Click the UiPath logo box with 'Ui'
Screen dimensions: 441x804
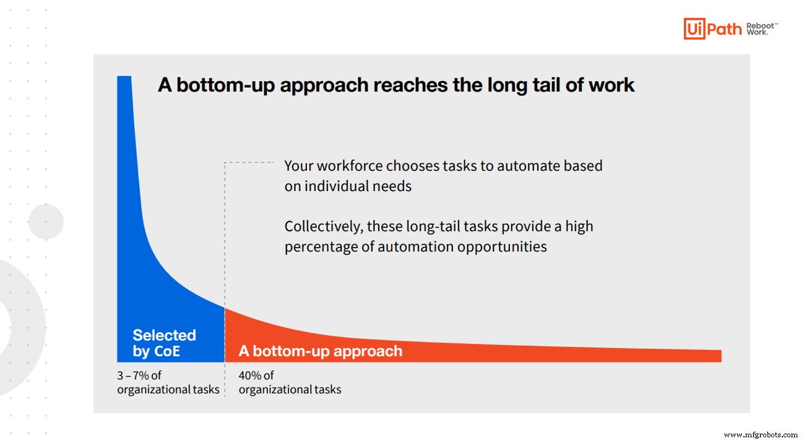[x=694, y=29]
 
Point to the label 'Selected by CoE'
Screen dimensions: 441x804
[x=164, y=343]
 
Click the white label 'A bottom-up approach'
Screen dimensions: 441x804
[x=321, y=351]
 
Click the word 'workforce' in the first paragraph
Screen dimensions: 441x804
[x=350, y=166]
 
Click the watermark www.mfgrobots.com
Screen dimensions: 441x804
[x=761, y=435]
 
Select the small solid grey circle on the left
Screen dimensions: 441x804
[x=46, y=221]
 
